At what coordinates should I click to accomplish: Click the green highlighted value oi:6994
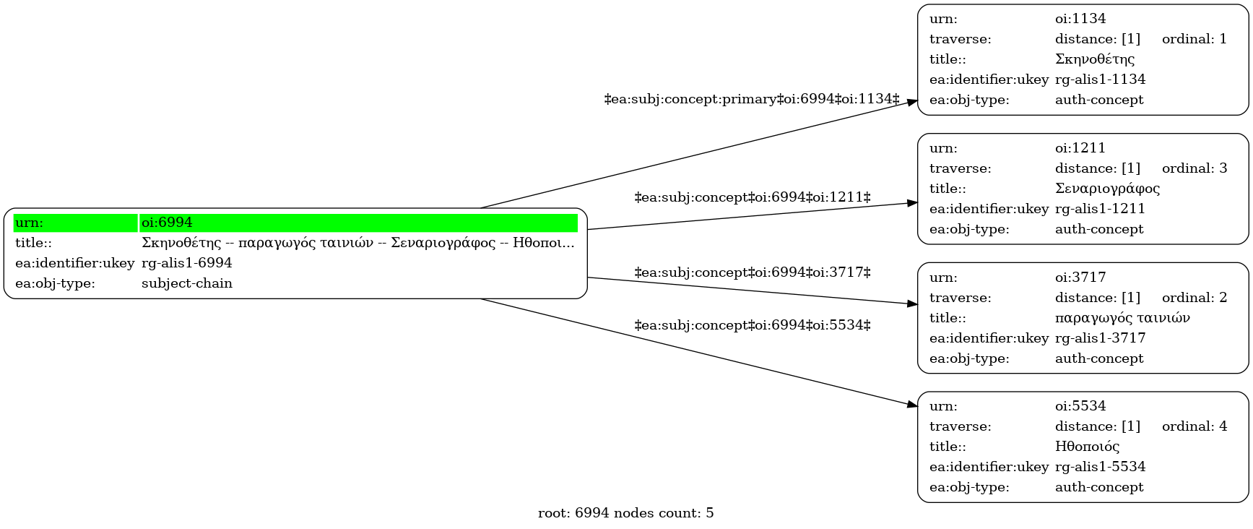click(167, 223)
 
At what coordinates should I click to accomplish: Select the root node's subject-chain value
click(187, 283)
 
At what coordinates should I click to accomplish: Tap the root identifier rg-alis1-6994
click(187, 263)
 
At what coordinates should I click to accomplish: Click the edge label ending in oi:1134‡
click(752, 99)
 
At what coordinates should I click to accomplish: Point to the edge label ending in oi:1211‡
click(753, 197)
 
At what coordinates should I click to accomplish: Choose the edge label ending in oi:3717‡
click(753, 272)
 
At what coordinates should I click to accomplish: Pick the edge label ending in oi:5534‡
click(753, 325)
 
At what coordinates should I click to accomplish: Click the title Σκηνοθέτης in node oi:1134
click(1095, 59)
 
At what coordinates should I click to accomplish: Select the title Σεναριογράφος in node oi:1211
click(1108, 189)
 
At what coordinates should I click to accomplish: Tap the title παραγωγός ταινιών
click(1122, 318)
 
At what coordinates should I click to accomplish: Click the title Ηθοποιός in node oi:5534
click(1088, 447)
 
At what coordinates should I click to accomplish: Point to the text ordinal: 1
click(1195, 39)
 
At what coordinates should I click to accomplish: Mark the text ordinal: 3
click(1195, 168)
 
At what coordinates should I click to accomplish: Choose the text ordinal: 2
click(1195, 298)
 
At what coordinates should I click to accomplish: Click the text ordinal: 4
click(1195, 426)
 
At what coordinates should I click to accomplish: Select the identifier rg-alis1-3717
click(1101, 338)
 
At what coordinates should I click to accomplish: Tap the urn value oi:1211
click(1080, 148)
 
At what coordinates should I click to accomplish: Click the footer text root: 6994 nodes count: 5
click(626, 513)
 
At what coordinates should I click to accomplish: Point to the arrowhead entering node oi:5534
click(913, 405)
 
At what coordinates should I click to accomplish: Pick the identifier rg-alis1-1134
click(1101, 79)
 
